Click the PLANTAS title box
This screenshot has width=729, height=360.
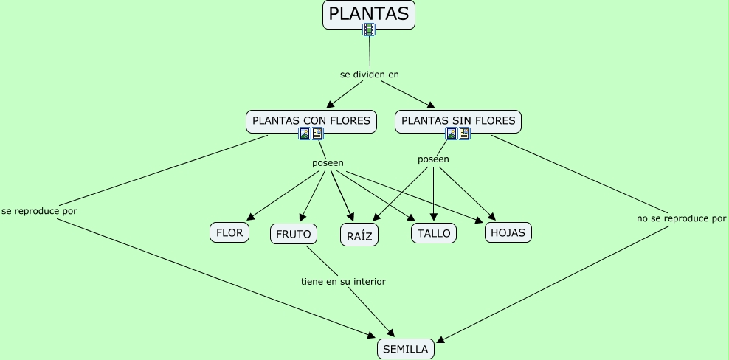(368, 14)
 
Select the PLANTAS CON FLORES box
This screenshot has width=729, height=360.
(311, 120)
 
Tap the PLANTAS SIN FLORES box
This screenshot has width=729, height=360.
(457, 120)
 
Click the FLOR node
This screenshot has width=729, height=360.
(229, 233)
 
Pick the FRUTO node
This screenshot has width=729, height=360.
(294, 234)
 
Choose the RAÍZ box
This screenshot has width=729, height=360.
(359, 235)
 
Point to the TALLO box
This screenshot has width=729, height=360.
(433, 233)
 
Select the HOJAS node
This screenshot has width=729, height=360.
(508, 232)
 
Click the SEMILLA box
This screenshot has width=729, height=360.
(405, 349)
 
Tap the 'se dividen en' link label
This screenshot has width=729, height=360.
(369, 75)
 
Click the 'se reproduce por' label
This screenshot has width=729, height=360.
(39, 210)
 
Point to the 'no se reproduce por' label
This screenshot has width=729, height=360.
(681, 218)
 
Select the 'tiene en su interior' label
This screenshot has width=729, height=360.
(343, 281)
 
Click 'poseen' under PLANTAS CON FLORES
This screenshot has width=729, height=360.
(328, 162)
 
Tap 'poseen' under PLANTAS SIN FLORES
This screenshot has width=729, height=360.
(433, 159)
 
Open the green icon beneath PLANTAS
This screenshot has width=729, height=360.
(369, 30)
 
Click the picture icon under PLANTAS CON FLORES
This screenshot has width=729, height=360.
(304, 134)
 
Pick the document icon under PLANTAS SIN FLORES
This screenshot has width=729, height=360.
(464, 134)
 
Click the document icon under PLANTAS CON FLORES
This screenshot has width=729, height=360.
(317, 134)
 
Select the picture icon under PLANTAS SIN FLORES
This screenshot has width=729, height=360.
(452, 134)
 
